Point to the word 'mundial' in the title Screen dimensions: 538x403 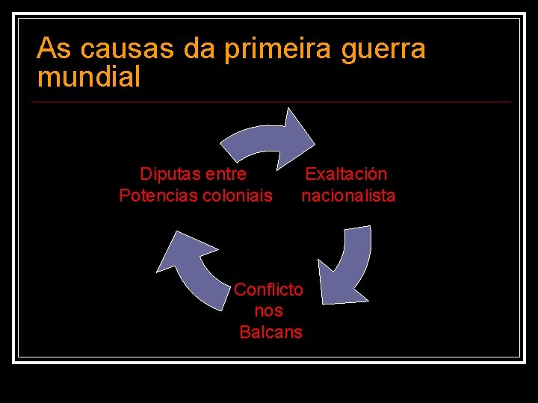[x=88, y=76]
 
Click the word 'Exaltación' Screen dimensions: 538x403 [x=346, y=174]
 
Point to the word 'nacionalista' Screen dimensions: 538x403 [x=348, y=196]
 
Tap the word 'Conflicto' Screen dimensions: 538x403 [x=268, y=289]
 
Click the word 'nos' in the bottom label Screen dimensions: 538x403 [x=268, y=310]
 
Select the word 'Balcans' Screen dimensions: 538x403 [x=270, y=332]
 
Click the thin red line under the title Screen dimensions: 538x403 [x=273, y=101]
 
